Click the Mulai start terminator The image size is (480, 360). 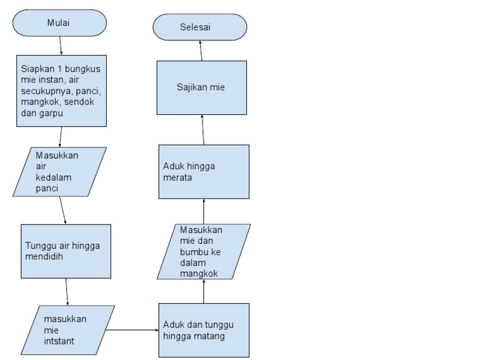click(59, 23)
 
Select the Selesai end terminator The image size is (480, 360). click(200, 27)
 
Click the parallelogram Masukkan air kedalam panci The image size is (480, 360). click(59, 172)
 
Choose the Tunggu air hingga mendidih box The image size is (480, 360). click(66, 251)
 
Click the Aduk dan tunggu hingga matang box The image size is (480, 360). click(203, 330)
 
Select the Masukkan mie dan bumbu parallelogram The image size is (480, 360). click(204, 251)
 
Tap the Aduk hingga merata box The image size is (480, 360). click(203, 172)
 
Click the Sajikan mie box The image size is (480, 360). click(201, 87)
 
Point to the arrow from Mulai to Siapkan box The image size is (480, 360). click(61, 46)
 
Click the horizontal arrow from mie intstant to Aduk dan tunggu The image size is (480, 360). click(132, 329)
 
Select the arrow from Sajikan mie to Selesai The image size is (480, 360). click(201, 51)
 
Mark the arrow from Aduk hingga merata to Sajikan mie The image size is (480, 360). click(202, 130)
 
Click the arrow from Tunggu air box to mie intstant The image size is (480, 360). click(67, 292)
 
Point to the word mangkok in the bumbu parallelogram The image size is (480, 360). click(198, 273)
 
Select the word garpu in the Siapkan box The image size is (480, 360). click(51, 113)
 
